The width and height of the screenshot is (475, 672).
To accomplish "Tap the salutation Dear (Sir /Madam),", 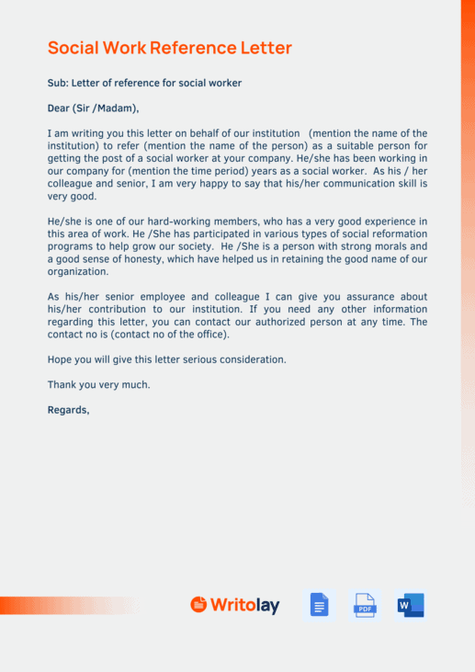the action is [93, 108].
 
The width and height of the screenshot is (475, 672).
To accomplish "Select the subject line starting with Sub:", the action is [144, 83].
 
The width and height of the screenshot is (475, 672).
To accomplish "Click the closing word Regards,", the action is [69, 410].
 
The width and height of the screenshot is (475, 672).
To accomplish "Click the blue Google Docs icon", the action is [319, 605].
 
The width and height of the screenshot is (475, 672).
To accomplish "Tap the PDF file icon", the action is [365, 605].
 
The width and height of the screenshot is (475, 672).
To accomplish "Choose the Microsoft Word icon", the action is [411, 605].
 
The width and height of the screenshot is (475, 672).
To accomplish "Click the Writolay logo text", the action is [244, 605].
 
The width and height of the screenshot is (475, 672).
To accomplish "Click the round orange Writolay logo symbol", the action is [198, 604].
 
